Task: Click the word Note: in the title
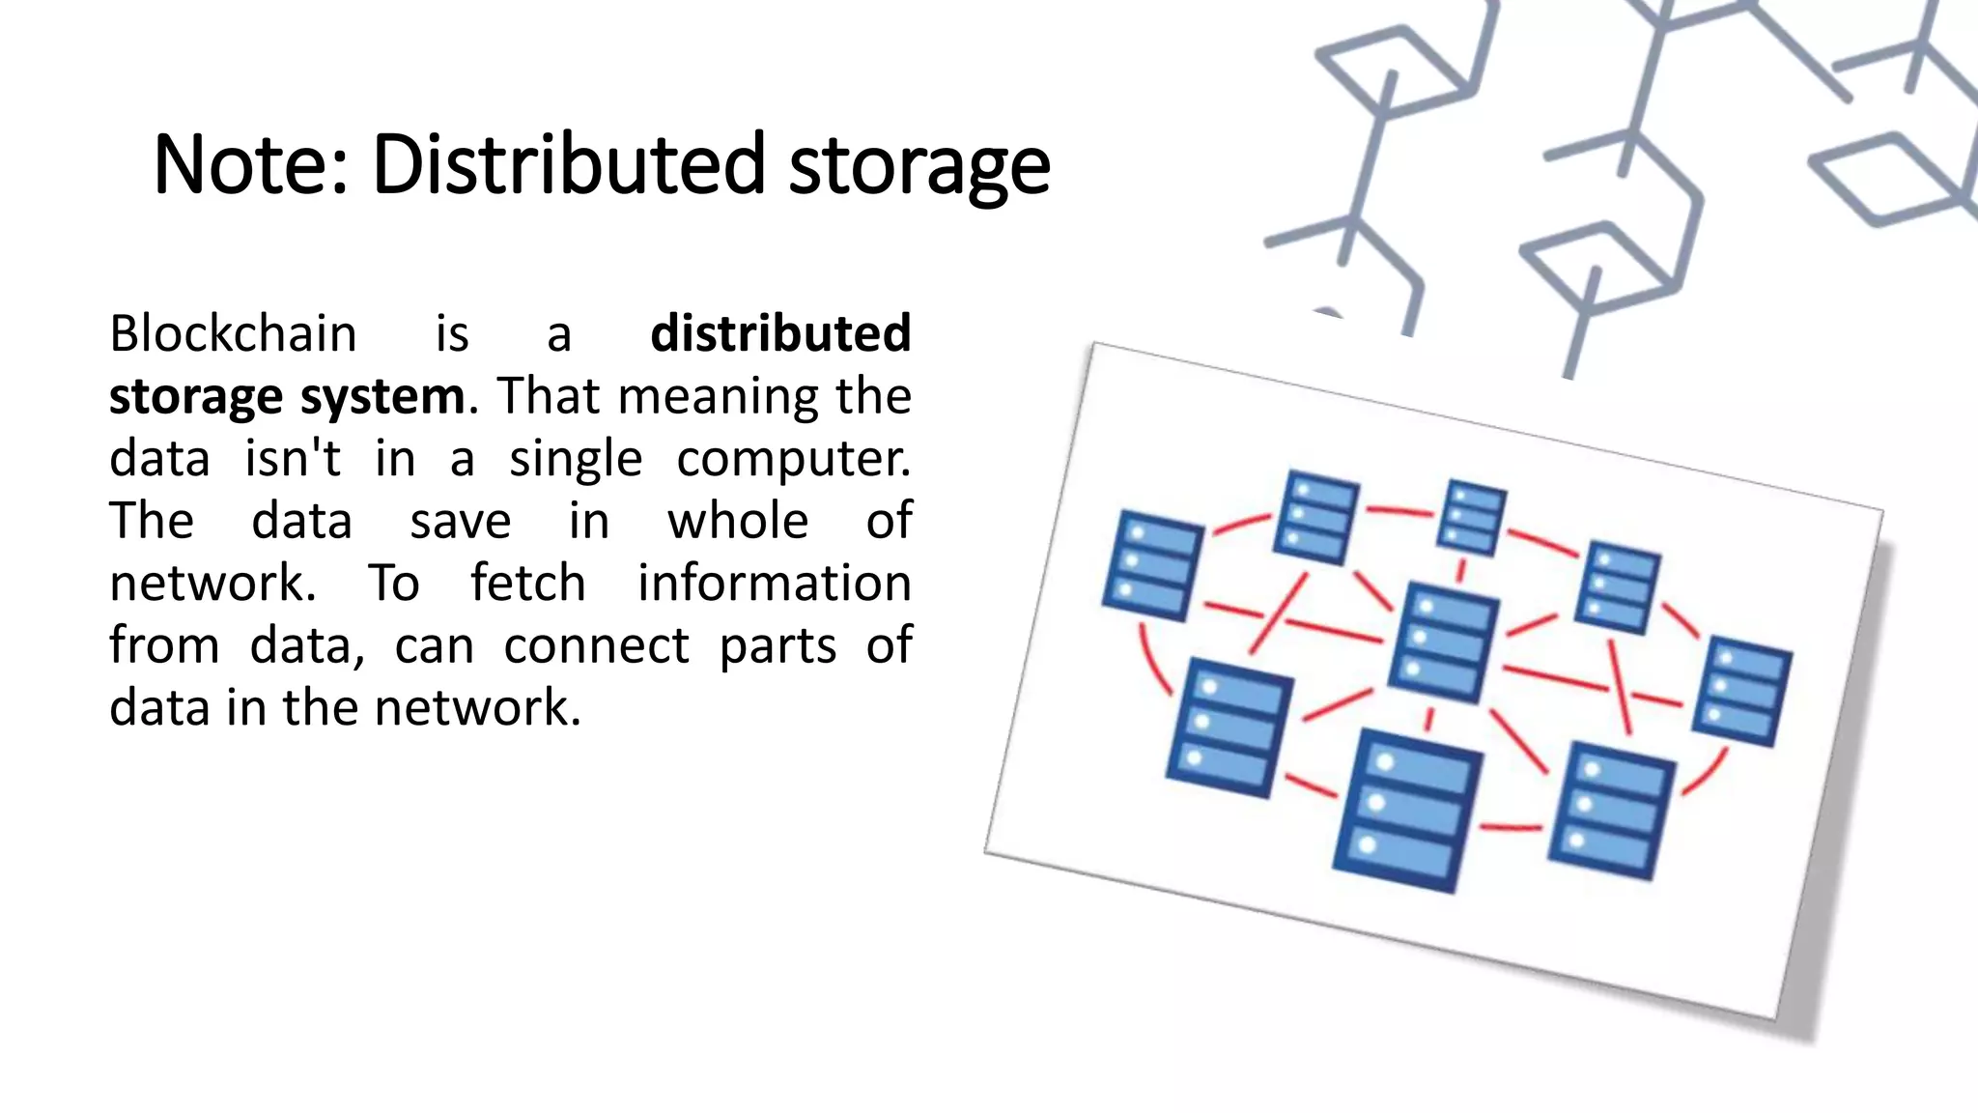pos(250,164)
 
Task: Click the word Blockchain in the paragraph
pos(233,333)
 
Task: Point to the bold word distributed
pos(780,333)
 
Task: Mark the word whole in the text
pos(738,521)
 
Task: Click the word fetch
pos(527,584)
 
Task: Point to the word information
pos(774,584)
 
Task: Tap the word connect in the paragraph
pos(596,645)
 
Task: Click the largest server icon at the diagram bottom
pos(1406,810)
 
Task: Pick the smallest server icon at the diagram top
pos(1471,518)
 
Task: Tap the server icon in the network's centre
pos(1443,642)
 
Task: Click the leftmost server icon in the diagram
pos(1151,566)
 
